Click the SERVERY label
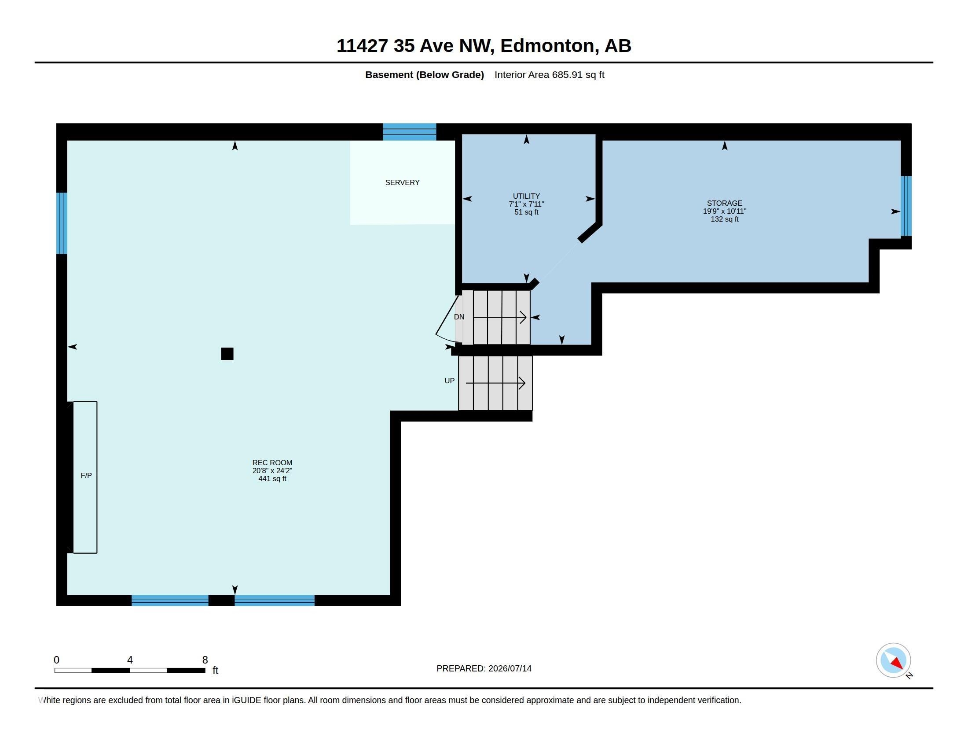[x=402, y=182]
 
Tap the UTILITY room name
[x=526, y=196]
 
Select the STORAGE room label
[x=724, y=203]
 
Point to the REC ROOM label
[x=272, y=462]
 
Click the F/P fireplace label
[x=86, y=476]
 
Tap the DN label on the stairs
[x=459, y=317]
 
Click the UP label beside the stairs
[x=449, y=381]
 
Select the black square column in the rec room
[x=227, y=354]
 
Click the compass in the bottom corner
[x=893, y=660]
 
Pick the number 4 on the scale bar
[x=130, y=660]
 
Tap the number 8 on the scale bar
[x=205, y=660]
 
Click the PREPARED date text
[x=484, y=668]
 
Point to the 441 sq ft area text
[x=272, y=479]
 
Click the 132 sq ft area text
[x=724, y=219]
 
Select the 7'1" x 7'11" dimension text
[x=526, y=204]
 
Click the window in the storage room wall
[x=906, y=206]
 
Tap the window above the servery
[x=410, y=132]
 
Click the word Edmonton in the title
[x=547, y=46]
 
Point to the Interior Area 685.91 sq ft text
[x=549, y=74]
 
